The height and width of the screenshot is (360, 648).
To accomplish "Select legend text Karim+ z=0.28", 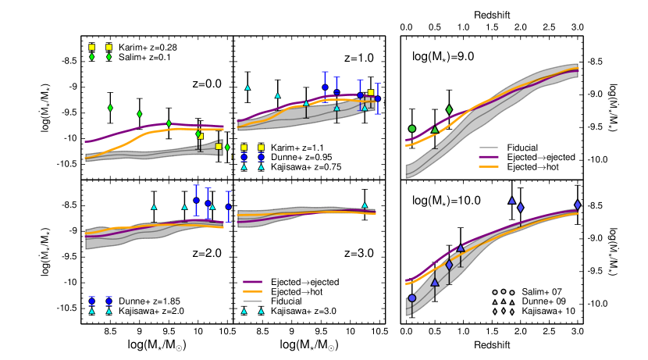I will (x=148, y=48).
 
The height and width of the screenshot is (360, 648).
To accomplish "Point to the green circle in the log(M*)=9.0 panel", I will (x=412, y=128).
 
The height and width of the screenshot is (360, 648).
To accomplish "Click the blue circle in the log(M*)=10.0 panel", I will (x=412, y=298).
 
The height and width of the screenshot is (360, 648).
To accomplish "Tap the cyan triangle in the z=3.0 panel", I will (x=365, y=205).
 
